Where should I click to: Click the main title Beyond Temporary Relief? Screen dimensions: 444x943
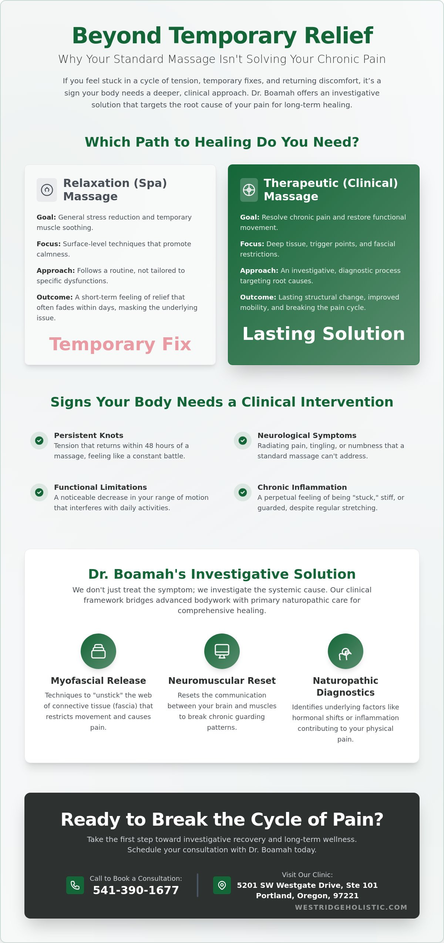(x=222, y=36)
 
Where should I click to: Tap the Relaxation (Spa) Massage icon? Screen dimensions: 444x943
(x=47, y=190)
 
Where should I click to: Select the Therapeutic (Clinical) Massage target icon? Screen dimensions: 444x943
(x=249, y=190)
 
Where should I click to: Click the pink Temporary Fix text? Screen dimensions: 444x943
(x=120, y=344)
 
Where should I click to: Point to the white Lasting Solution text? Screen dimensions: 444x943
(x=324, y=334)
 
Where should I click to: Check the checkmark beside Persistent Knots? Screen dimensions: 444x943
(x=39, y=441)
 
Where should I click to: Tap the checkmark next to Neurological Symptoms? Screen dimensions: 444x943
(x=243, y=441)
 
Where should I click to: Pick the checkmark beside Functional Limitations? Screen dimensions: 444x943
(x=39, y=492)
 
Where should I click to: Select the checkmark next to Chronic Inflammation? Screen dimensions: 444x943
(x=243, y=492)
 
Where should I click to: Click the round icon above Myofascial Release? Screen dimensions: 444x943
(x=98, y=651)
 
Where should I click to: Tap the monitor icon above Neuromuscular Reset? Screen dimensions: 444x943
(x=222, y=651)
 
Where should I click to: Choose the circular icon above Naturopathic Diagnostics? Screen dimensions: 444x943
(x=346, y=651)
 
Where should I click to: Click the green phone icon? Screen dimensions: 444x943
(x=75, y=885)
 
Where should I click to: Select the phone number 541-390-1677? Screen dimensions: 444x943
(x=136, y=890)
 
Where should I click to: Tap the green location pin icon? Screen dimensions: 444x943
(x=222, y=885)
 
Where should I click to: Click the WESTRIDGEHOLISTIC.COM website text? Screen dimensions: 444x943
(x=351, y=907)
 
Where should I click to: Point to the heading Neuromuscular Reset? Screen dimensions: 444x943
(x=222, y=681)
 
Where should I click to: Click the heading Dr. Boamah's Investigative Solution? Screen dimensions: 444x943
(x=222, y=574)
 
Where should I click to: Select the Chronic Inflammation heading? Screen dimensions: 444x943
(x=302, y=487)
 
